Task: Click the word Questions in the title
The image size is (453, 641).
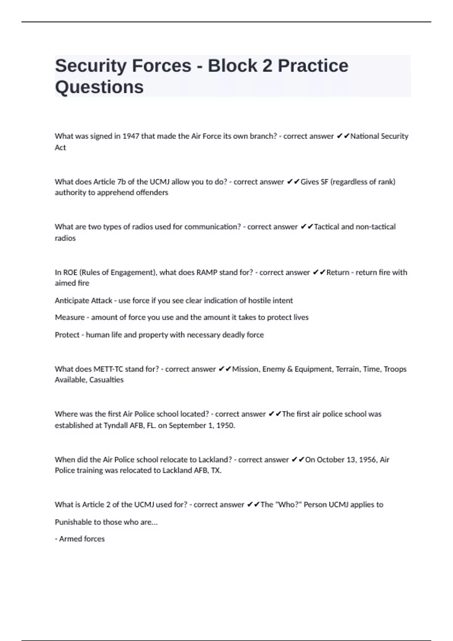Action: [x=99, y=87]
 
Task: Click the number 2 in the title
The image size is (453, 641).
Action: [x=267, y=66]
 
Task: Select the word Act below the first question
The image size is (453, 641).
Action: [x=60, y=147]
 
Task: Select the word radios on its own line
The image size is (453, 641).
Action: [x=65, y=238]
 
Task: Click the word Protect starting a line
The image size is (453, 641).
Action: [x=67, y=334]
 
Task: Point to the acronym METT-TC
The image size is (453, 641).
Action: [x=108, y=369]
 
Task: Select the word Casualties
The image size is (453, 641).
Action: [x=106, y=380]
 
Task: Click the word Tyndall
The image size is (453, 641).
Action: [x=117, y=425]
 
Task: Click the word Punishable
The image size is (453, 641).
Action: [x=73, y=522]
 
